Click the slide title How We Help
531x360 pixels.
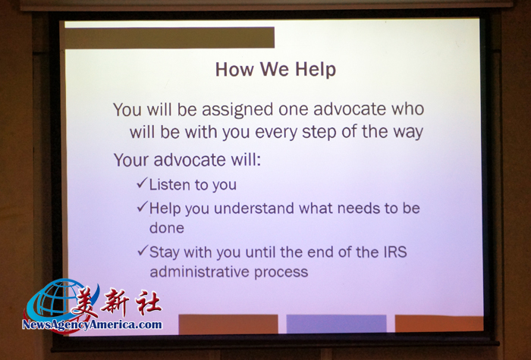point(275,70)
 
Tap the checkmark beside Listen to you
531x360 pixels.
point(143,183)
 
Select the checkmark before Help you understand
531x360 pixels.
point(143,207)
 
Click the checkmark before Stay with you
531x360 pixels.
point(143,251)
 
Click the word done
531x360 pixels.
point(167,228)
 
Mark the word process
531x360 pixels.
point(281,273)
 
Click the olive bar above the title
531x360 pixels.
point(169,38)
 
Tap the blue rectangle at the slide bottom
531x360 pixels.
point(336,324)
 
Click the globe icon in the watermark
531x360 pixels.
point(56,301)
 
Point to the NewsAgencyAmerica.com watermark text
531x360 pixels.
point(92,325)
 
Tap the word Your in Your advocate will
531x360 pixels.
point(131,160)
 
